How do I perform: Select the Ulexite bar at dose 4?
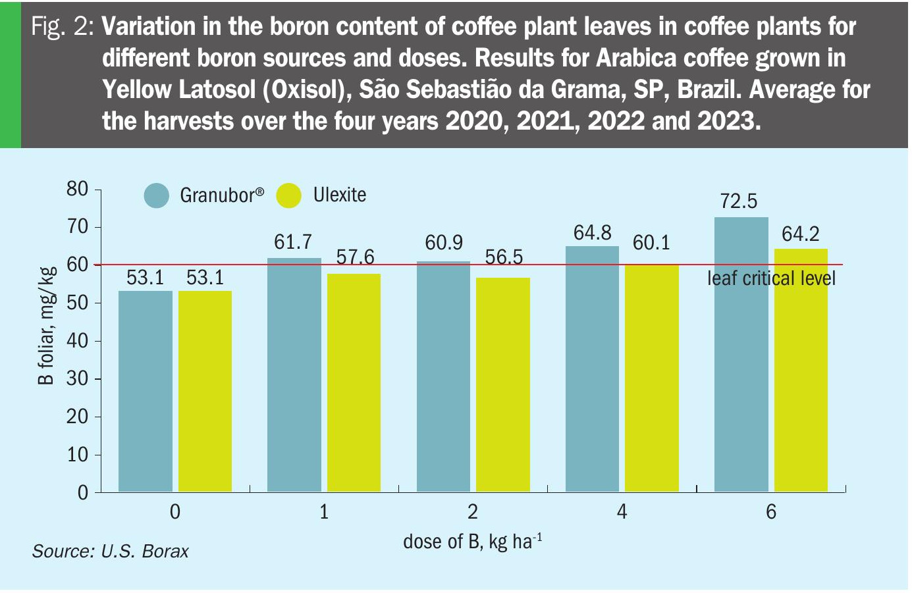coord(651,378)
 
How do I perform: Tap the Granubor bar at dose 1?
coord(294,374)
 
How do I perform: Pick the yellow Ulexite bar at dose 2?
coord(502,384)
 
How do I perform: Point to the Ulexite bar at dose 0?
coord(205,391)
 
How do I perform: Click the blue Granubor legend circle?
coord(157,195)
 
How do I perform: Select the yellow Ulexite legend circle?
coord(288,195)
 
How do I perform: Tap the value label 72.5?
coord(739,201)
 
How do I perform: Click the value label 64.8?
coord(592,233)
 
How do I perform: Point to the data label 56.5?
coord(504,257)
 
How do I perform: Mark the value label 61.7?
coord(293,242)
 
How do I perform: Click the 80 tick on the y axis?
coord(77,190)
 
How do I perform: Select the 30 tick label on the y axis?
coord(77,378)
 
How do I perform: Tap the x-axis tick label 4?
coord(622,511)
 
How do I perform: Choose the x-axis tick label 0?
coord(174,511)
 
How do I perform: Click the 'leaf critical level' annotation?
coord(771,278)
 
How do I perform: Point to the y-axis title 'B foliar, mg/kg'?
coord(45,326)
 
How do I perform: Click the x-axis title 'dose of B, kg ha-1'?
coord(472,542)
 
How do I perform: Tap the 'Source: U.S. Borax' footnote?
coord(110,551)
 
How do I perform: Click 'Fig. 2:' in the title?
coord(63,27)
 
